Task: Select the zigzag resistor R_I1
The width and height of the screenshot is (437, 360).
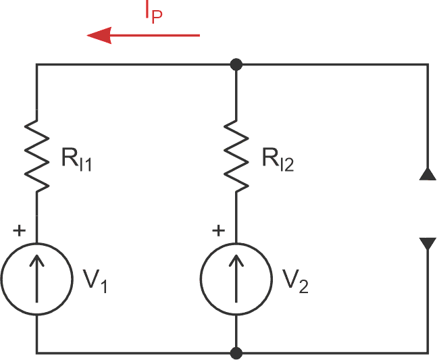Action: pos(36,155)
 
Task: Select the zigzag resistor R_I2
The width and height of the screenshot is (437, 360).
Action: pos(236,155)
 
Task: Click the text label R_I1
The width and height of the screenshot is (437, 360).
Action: pos(75,161)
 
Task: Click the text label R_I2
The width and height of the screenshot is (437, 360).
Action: pos(277,161)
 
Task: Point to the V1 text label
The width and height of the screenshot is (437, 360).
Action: pos(95,280)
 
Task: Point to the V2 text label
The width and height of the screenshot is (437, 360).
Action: pos(294,280)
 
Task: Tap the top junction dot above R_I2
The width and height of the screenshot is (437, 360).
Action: pos(236,65)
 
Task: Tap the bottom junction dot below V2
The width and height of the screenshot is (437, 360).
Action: pos(236,353)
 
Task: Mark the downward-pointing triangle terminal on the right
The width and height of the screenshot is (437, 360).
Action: pos(428,243)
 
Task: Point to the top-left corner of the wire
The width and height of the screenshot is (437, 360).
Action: pos(36,65)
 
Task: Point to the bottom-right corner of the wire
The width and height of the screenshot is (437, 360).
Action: pos(428,353)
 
